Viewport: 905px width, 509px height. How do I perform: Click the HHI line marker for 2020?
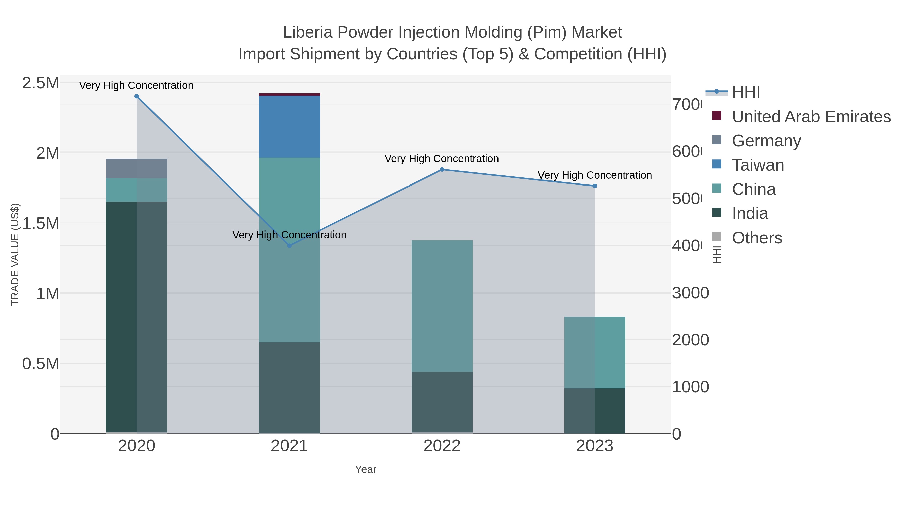pyautogui.click(x=137, y=96)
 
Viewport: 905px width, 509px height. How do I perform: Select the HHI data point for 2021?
pyautogui.click(x=290, y=246)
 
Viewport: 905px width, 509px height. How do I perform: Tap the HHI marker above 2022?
pyautogui.click(x=442, y=170)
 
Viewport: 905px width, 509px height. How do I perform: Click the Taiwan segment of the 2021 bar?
pyautogui.click(x=290, y=126)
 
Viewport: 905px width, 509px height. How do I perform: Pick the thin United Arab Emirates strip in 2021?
pyautogui.click(x=290, y=95)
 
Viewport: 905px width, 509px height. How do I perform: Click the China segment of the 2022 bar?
pyautogui.click(x=442, y=306)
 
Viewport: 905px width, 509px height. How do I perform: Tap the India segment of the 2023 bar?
pyautogui.click(x=595, y=411)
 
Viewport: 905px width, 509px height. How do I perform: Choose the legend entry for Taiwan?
pyautogui.click(x=758, y=165)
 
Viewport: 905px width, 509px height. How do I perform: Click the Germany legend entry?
pyautogui.click(x=766, y=141)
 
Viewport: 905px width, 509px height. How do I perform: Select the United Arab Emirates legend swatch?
pyautogui.click(x=717, y=116)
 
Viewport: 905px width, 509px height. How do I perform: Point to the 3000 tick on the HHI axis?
pyautogui.click(x=690, y=293)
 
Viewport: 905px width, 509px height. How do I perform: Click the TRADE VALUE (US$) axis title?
pyautogui.click(x=15, y=254)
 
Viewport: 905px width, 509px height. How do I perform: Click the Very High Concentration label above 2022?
pyautogui.click(x=442, y=159)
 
